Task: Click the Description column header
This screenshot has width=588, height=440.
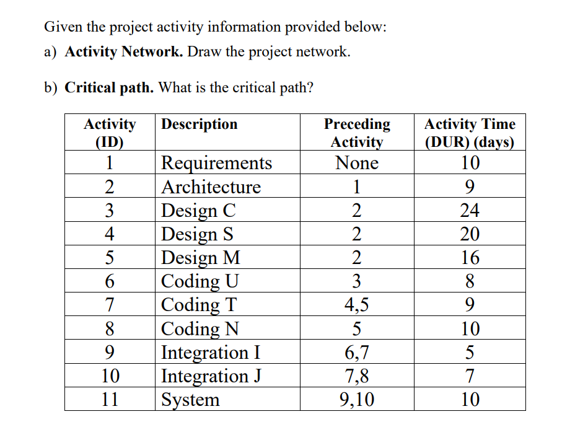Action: coord(199,124)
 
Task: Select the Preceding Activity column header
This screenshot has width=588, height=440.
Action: coord(357,133)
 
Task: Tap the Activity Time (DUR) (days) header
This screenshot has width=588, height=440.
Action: coord(470,133)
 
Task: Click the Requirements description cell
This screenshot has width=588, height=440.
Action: coord(216,163)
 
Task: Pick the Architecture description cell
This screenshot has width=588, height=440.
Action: coord(211,187)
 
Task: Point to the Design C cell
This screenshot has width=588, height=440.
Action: coord(198,210)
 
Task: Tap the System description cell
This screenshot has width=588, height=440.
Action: coord(190,399)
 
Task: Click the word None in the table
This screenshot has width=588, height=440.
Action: coord(357,163)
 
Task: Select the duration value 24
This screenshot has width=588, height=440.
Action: coord(470,210)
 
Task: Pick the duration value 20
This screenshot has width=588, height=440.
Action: coord(470,234)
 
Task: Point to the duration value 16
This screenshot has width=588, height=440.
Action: coord(470,257)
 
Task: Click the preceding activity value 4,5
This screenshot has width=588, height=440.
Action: coord(357,304)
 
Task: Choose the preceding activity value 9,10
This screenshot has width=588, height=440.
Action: coord(357,399)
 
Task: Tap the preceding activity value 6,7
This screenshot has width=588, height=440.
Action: coord(357,352)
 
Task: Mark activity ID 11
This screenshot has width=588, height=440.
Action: coord(109,399)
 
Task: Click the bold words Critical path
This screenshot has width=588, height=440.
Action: coord(109,87)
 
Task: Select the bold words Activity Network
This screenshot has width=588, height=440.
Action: coord(124,51)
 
